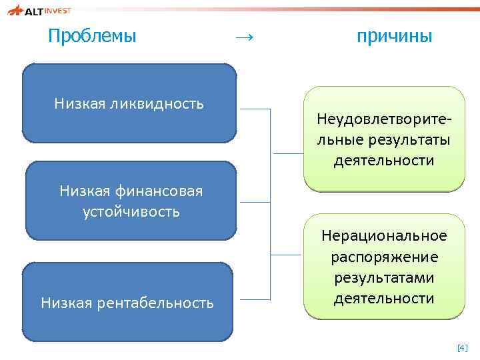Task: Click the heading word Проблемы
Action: pyautogui.click(x=92, y=36)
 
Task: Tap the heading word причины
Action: pyautogui.click(x=395, y=36)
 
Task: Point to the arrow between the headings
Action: pyautogui.click(x=244, y=37)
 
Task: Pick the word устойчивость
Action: pyautogui.click(x=131, y=212)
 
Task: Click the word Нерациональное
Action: pyautogui.click(x=384, y=236)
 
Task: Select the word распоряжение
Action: pyautogui.click(x=384, y=257)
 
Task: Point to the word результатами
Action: pyautogui.click(x=384, y=277)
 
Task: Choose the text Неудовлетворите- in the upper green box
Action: pyautogui.click(x=384, y=121)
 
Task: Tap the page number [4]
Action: pyautogui.click(x=462, y=348)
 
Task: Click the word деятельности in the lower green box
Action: pyautogui.click(x=384, y=298)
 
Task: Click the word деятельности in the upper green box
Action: pyautogui.click(x=384, y=161)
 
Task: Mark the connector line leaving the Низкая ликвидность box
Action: pyautogui.click(x=255, y=109)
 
